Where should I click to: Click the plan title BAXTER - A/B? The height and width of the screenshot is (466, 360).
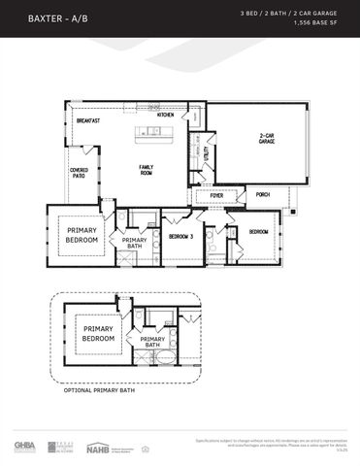tap(53, 18)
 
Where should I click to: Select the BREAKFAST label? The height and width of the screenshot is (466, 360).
tap(89, 120)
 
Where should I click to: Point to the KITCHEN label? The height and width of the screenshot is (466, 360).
tap(166, 115)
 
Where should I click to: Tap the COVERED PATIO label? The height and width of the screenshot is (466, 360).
tap(79, 174)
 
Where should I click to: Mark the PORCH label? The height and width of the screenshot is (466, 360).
tap(263, 194)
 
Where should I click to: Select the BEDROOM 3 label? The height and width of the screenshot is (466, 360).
tap(180, 236)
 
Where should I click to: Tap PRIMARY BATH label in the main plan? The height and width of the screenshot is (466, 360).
tap(135, 243)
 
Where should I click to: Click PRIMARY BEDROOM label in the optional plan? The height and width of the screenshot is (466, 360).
tap(98, 334)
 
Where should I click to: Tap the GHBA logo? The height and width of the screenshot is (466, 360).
tap(24, 447)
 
